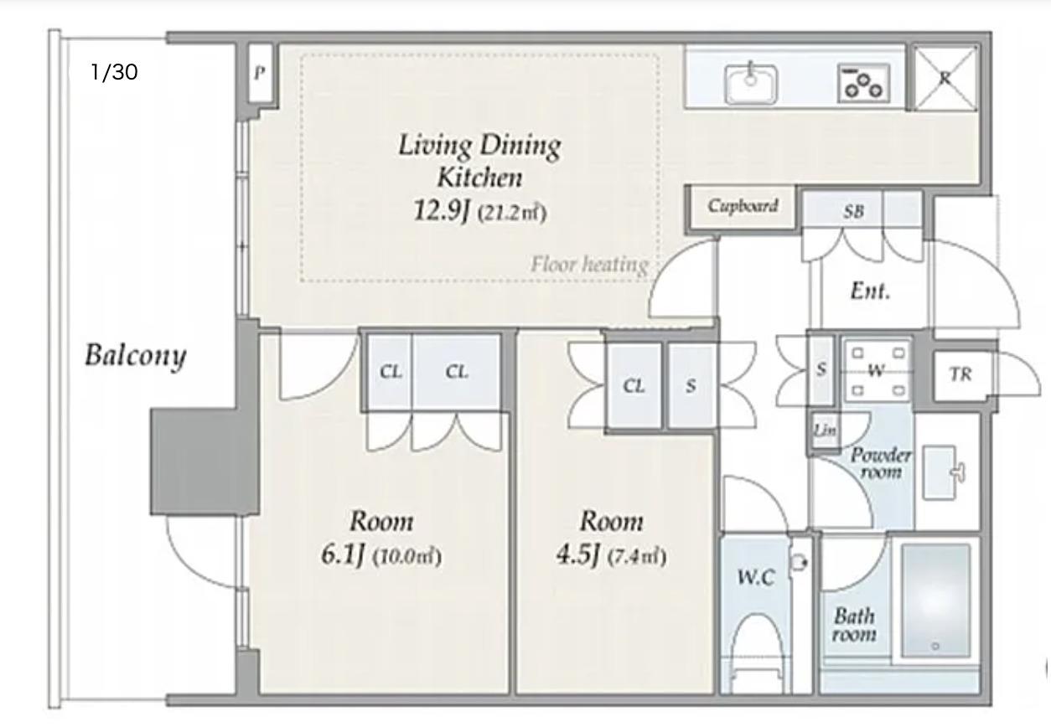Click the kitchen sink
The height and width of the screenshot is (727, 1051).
click(x=751, y=84)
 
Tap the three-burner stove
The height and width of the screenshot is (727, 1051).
click(x=864, y=83)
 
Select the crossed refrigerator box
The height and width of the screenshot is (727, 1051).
click(x=945, y=78)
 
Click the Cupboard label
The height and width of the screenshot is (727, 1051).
click(x=743, y=206)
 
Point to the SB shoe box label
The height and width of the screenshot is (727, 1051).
click(x=853, y=212)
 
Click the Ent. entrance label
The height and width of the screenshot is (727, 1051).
click(x=870, y=291)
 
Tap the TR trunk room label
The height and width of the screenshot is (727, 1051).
click(x=960, y=374)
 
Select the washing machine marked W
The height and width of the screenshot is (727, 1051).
click(x=876, y=370)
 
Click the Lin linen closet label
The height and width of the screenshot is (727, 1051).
click(x=825, y=431)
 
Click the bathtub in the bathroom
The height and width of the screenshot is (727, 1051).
click(x=936, y=601)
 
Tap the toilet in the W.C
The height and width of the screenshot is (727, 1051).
click(x=756, y=653)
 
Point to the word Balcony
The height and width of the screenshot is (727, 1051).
click(x=136, y=356)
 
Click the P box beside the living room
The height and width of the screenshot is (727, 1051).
click(x=261, y=73)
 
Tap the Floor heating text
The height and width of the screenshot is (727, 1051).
click(x=590, y=265)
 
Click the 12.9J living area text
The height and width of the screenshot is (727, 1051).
click(x=442, y=210)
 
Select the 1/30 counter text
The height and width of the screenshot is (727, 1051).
click(x=114, y=72)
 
